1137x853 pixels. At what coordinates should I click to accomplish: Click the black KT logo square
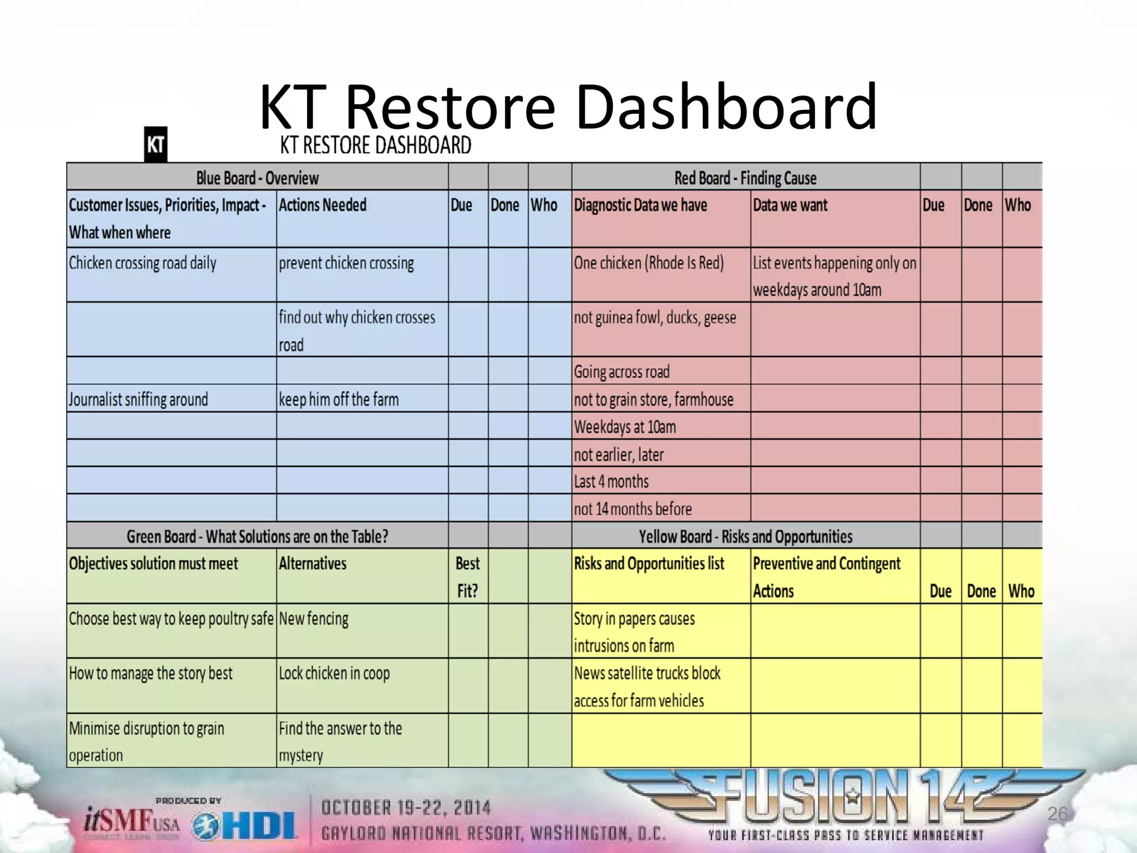[x=155, y=144]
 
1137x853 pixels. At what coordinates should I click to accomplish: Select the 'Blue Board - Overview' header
[x=257, y=178]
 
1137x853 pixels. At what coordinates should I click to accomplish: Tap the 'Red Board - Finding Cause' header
[x=745, y=178]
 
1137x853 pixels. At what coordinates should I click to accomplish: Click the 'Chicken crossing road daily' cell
[x=143, y=263]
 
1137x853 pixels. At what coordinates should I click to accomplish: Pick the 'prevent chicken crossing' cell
[x=346, y=263]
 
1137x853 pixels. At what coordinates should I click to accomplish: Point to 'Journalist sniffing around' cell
[x=138, y=399]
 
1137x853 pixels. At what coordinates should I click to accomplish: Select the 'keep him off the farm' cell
[x=339, y=399]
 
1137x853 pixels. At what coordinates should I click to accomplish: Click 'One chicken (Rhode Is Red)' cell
[x=648, y=263]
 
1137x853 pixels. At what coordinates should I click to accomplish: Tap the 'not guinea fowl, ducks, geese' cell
[x=655, y=318]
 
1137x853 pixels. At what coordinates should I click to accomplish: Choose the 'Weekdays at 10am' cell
[x=625, y=426]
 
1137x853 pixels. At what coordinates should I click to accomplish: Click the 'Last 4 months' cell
[x=611, y=481]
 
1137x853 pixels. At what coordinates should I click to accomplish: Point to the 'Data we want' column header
[x=790, y=205]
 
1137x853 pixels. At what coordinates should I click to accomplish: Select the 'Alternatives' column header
[x=313, y=564]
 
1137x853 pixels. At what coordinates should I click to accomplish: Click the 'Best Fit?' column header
[x=467, y=576]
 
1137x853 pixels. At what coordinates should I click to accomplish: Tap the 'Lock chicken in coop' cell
[x=334, y=673]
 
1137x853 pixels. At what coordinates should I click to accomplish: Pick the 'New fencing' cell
[x=314, y=619]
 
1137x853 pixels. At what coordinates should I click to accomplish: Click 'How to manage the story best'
[x=150, y=673]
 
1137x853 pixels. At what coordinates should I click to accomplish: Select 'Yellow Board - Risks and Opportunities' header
[x=745, y=536]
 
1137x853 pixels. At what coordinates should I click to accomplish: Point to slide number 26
[x=1057, y=814]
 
